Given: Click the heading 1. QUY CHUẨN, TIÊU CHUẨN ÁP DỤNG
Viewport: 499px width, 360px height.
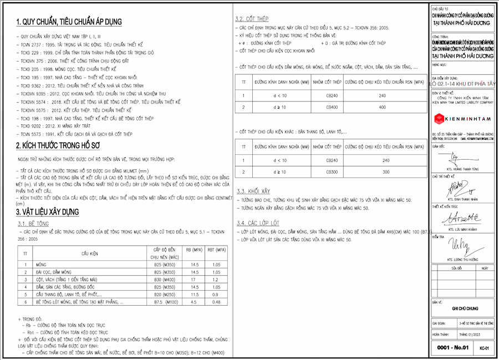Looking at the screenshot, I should click(x=69, y=22).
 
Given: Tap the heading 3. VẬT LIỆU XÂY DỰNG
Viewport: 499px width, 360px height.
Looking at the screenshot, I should click(x=48, y=211).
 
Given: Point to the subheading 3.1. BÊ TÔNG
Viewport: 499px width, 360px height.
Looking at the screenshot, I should click(x=32, y=223).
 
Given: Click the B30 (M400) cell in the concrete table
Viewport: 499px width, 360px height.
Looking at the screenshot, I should click(x=166, y=280).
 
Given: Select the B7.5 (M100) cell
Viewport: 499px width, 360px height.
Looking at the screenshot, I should click(x=166, y=302).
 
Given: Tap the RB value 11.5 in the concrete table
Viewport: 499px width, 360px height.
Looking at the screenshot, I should click(x=195, y=295).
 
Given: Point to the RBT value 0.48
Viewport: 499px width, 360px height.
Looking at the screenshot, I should click(x=216, y=302).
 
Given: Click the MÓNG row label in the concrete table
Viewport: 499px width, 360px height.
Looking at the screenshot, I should click(x=41, y=265).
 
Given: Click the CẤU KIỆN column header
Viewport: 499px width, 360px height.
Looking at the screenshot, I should click(x=90, y=253).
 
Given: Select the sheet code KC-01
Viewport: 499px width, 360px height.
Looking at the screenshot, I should click(x=484, y=348).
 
